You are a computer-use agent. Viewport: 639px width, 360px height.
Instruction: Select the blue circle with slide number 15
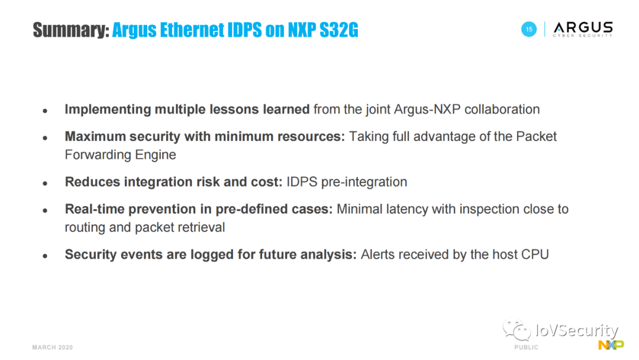(x=529, y=30)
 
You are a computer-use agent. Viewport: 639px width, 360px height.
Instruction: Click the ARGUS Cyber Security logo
(x=583, y=30)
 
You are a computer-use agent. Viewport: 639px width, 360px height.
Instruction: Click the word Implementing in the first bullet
(x=108, y=110)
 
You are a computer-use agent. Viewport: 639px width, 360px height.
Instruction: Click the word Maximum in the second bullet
(x=95, y=137)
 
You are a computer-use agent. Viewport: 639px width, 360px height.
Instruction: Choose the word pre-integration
(x=364, y=182)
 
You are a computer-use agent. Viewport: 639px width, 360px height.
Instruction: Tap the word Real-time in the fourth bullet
(x=95, y=209)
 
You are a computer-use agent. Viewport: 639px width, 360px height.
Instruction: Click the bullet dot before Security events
(x=45, y=256)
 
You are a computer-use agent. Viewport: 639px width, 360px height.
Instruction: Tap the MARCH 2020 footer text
(x=53, y=348)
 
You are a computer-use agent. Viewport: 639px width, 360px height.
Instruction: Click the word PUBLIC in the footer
(x=526, y=348)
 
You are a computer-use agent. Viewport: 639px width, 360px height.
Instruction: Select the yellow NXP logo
(x=611, y=345)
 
